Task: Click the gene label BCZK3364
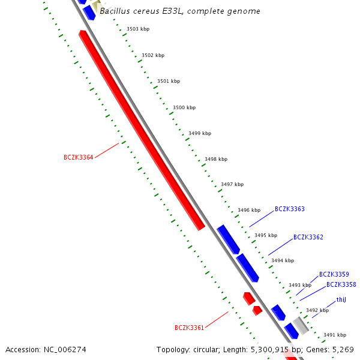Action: coord(78,158)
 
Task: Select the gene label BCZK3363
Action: coord(289,209)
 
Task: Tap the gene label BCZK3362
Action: coord(308,238)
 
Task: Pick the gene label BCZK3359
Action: coord(334,274)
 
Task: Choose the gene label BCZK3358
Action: coord(341,284)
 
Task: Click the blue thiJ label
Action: coord(341,299)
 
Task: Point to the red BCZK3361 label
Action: coord(189,328)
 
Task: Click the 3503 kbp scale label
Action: coord(138,29)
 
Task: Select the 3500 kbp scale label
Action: coord(184,107)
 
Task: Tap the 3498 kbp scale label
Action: coord(216,159)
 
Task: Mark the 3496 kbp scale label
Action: coord(249,210)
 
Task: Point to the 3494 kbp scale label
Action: coord(283,260)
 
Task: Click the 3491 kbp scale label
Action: coord(335,335)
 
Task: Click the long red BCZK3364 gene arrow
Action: coord(142,131)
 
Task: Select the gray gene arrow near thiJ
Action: coord(301,325)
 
